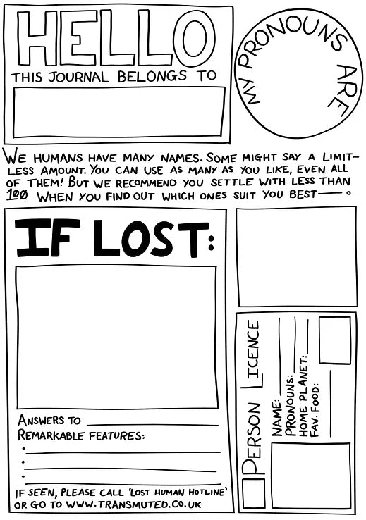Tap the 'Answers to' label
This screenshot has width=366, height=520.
49,421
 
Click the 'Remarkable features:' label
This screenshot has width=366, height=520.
80,435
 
